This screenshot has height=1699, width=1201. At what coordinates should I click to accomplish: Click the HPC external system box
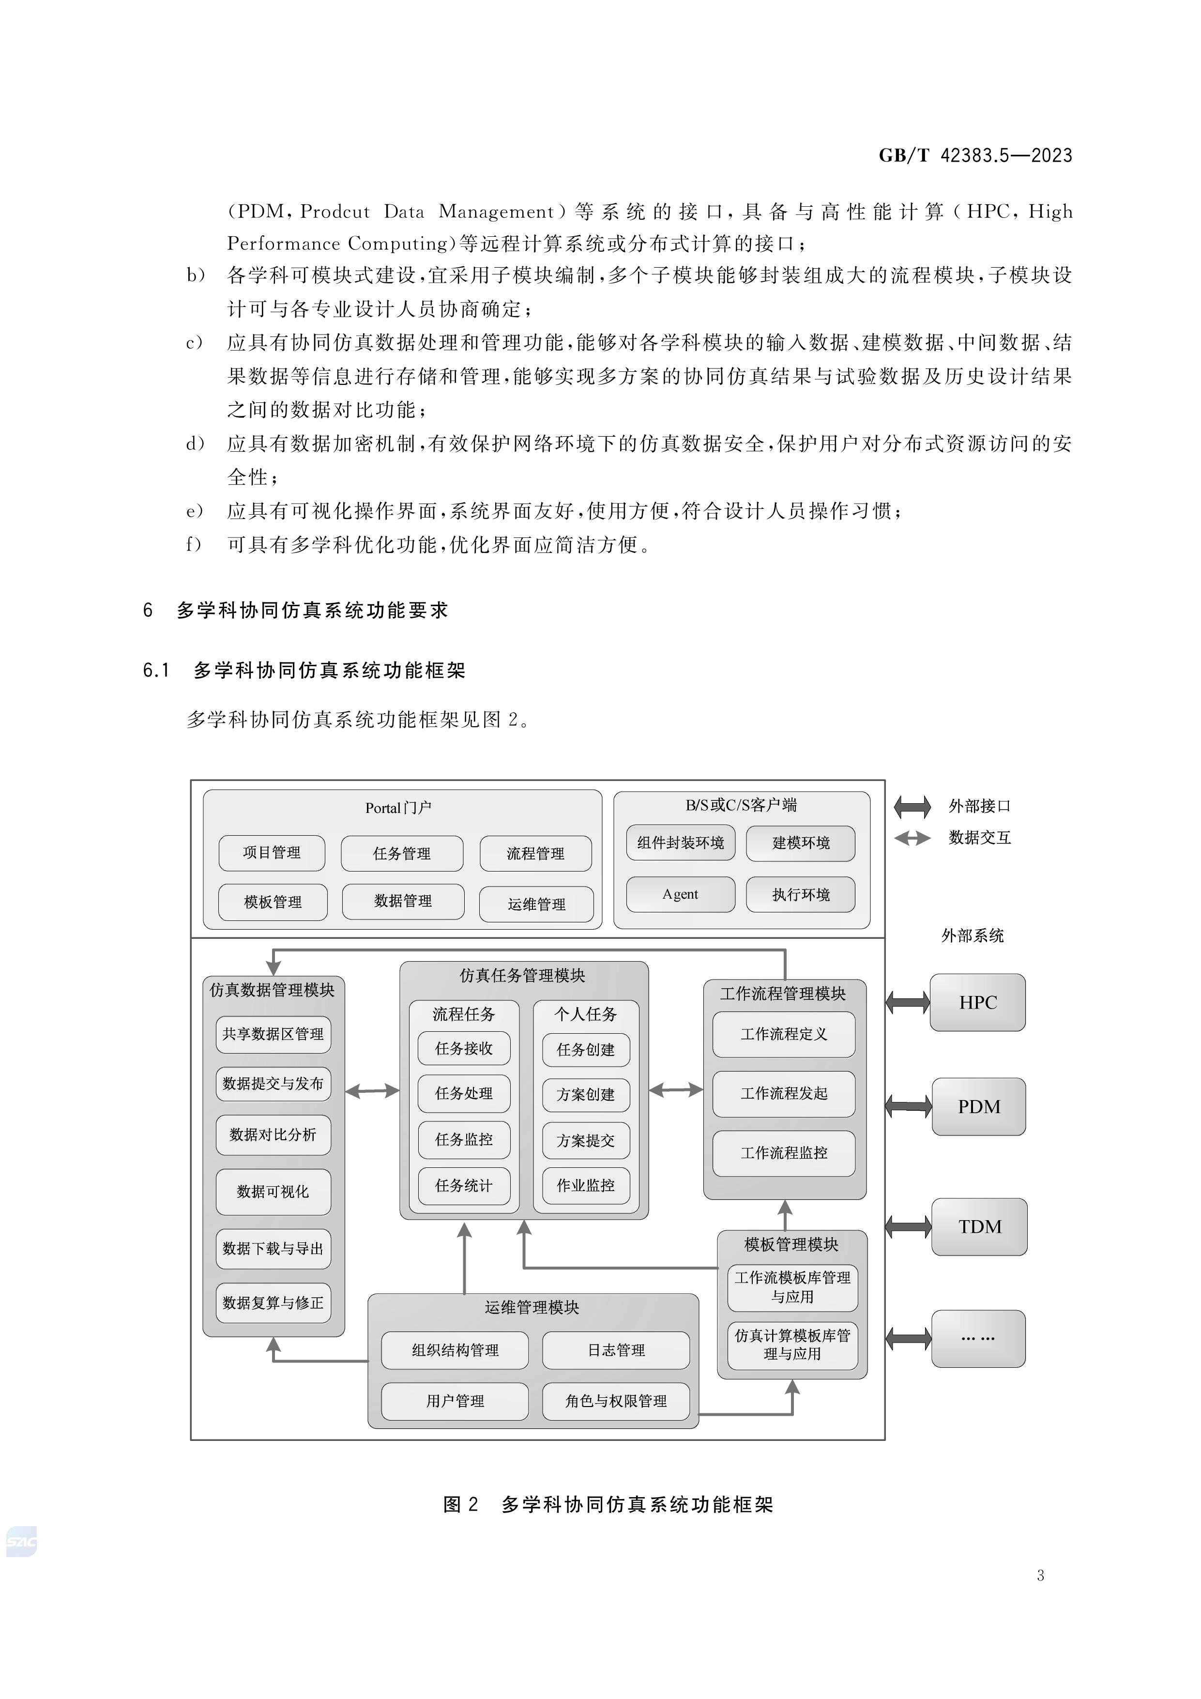977,1003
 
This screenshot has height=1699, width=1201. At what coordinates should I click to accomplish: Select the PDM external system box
978,1107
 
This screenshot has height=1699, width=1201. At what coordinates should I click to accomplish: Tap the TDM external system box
979,1227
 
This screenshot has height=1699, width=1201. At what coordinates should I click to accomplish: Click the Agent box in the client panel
680,895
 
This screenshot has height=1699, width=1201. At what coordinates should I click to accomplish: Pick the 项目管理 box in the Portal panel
272,853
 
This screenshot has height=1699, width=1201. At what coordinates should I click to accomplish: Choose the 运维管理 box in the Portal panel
536,904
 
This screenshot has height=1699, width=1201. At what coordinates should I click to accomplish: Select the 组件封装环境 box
680,843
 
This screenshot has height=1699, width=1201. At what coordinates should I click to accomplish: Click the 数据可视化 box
273,1192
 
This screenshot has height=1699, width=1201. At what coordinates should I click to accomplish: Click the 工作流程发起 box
784,1094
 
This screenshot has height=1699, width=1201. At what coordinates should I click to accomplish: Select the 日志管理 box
616,1350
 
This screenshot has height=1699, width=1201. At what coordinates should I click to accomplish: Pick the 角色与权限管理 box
616,1401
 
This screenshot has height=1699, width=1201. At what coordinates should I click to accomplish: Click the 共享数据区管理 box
273,1034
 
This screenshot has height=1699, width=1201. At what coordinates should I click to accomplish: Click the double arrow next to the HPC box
908,1003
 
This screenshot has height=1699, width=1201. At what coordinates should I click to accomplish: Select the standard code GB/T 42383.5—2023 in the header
975,155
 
